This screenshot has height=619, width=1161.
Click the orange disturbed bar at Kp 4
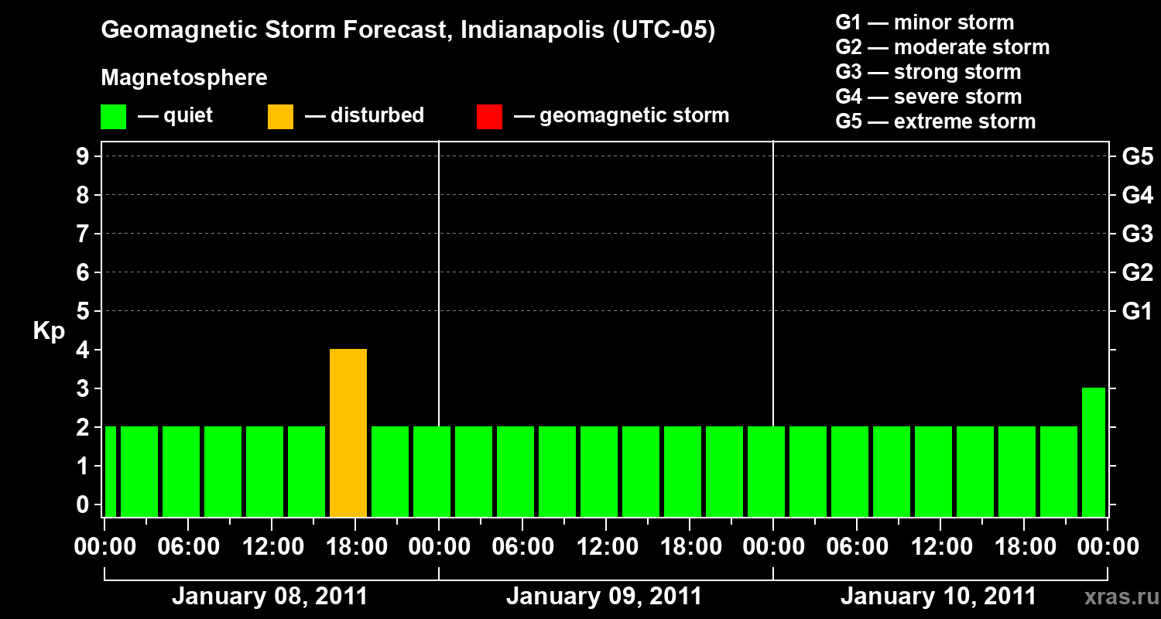tap(348, 433)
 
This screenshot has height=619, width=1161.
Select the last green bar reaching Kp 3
tap(1093, 452)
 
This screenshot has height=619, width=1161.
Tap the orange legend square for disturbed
tap(280, 117)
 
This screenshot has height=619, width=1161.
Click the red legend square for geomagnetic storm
tap(489, 117)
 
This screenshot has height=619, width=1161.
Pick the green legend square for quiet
tap(113, 117)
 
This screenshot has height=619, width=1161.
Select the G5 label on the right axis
tap(1137, 157)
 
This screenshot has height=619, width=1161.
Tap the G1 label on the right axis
tap(1137, 312)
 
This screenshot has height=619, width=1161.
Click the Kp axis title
tap(49, 331)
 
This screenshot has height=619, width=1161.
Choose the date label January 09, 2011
tap(604, 597)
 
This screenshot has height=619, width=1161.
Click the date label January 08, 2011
tap(269, 597)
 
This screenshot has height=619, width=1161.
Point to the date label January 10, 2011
tap(938, 597)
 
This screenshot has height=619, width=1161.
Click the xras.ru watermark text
tap(1115, 597)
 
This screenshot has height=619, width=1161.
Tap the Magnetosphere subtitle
tap(184, 78)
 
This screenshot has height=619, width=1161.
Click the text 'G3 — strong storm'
tap(928, 72)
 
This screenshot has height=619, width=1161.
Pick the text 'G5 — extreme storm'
tap(935, 121)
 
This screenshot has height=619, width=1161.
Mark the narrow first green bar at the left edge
tap(110, 471)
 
